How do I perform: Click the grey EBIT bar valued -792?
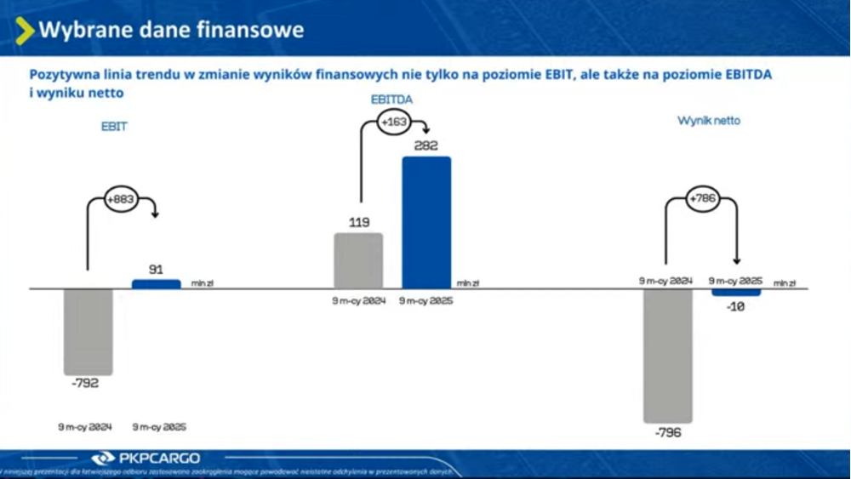point(88,332)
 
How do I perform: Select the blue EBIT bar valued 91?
point(156,284)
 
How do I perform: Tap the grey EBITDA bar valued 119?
point(358,260)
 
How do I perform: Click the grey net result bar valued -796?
point(667,356)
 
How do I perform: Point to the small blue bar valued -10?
point(736,292)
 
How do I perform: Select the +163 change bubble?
point(394,123)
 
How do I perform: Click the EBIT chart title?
point(114,128)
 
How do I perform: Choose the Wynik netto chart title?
point(709,121)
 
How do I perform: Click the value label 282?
point(425,145)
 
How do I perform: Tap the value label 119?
point(358,223)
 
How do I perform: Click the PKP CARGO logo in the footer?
point(136,458)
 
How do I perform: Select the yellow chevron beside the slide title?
point(26,31)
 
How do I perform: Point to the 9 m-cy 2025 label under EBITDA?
point(426,300)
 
